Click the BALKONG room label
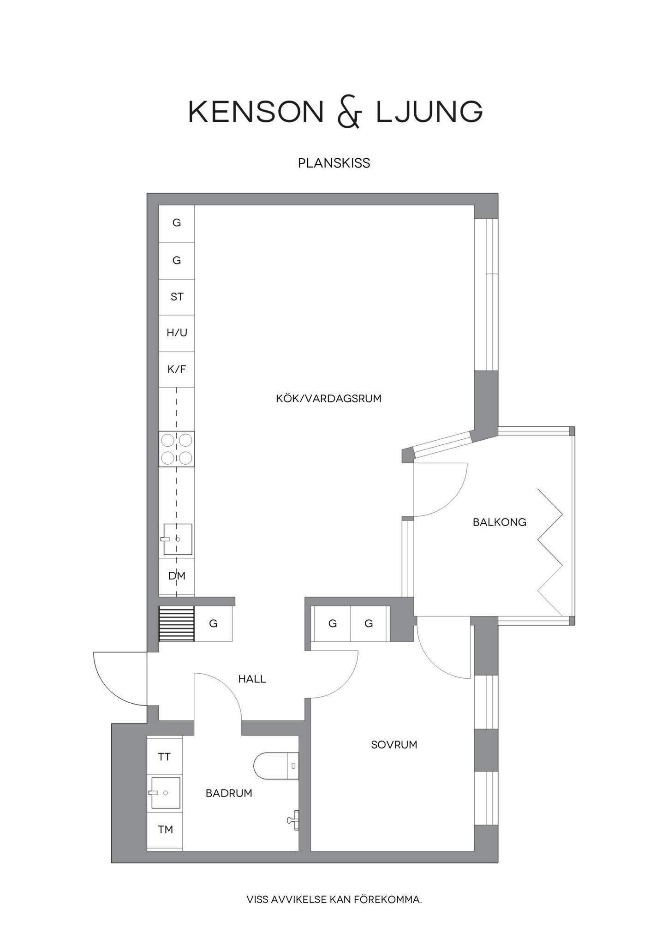(499, 522)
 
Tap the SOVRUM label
(394, 745)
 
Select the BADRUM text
(229, 793)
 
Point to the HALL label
(252, 679)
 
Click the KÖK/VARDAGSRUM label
(329, 399)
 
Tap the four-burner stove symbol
(177, 449)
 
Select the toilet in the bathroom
(276, 766)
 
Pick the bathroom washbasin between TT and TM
(165, 793)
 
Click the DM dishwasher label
(177, 576)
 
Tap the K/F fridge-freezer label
(177, 369)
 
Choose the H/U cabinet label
(177, 333)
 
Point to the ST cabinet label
(177, 297)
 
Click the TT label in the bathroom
(164, 757)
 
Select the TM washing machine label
(165, 830)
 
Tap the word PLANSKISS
(334, 163)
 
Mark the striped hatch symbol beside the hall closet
(177, 624)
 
